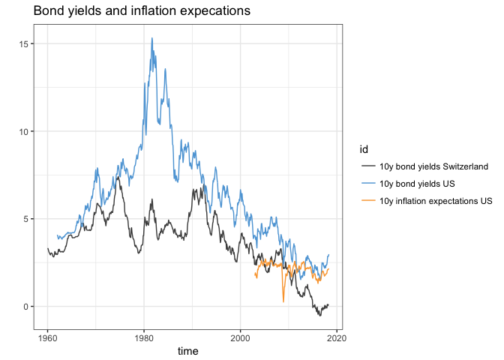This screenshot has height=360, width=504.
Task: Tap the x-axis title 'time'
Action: [187, 350]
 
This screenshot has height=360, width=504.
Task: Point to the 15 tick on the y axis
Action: [25, 44]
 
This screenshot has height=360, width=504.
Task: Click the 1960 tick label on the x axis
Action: [47, 335]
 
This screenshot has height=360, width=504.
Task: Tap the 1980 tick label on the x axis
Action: [144, 335]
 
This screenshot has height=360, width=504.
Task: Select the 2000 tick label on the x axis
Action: [240, 335]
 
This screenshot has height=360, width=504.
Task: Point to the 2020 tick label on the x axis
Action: [337, 335]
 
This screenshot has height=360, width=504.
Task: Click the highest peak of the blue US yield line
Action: [152, 38]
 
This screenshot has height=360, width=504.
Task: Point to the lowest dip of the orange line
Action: [283, 301]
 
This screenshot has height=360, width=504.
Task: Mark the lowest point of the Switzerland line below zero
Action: [319, 315]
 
